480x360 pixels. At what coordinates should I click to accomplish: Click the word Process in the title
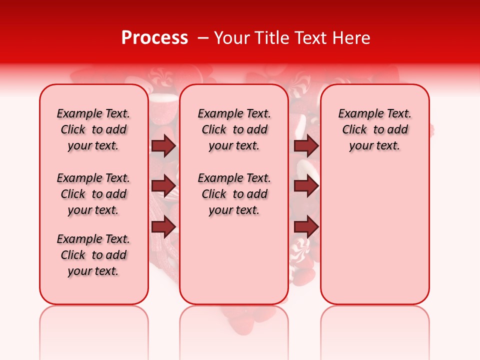[154, 38]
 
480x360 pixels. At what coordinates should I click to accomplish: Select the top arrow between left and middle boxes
[163, 145]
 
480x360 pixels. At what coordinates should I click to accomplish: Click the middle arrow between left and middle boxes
[163, 186]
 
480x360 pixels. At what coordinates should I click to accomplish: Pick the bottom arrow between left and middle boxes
[163, 227]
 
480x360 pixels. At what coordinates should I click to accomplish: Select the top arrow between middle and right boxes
[306, 145]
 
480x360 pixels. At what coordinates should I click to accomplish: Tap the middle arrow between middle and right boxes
[306, 186]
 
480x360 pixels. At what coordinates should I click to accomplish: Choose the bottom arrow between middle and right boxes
[306, 227]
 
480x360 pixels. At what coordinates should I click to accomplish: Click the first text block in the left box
[93, 129]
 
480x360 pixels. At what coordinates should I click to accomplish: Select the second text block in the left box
[93, 194]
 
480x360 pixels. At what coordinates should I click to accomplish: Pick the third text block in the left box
[93, 255]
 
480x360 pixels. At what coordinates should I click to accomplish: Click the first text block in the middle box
[234, 129]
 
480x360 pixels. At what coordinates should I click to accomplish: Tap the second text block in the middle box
[234, 194]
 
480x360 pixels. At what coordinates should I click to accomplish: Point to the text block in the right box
[374, 129]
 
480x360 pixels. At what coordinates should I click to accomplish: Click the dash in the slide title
[203, 38]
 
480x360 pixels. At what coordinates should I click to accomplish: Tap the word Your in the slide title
[231, 38]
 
